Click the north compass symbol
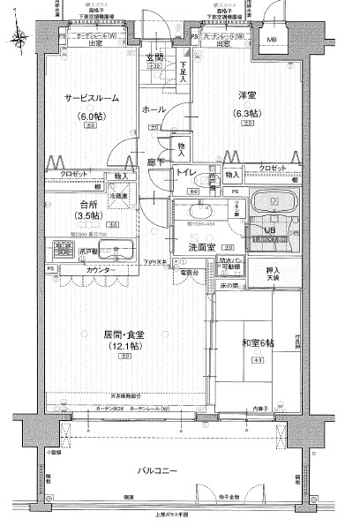pyautogui.click(x=19, y=37)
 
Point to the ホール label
pyautogui.click(x=152, y=109)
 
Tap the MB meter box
pyautogui.click(x=271, y=40)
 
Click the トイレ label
pyautogui.click(x=186, y=173)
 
